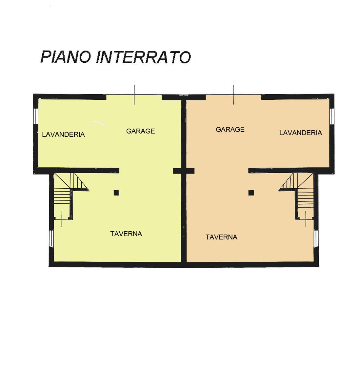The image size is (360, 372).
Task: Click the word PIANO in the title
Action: (x=66, y=57)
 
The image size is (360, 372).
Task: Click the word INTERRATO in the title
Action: (x=144, y=57)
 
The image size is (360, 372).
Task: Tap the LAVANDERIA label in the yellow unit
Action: (x=63, y=134)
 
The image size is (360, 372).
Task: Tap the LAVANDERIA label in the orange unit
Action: (x=300, y=133)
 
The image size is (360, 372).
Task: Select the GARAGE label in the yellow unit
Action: (x=140, y=131)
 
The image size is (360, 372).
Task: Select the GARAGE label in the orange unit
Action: (x=230, y=129)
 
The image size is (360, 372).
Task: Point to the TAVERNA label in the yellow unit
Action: (x=126, y=234)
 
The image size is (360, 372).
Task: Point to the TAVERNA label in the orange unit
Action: (x=221, y=237)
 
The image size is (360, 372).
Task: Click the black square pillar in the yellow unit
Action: (x=116, y=193)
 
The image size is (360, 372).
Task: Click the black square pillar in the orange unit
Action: (x=251, y=193)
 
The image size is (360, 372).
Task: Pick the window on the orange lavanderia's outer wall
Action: (x=331, y=116)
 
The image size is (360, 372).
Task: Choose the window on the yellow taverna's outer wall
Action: (x=51, y=238)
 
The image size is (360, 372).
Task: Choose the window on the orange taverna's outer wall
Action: (x=316, y=238)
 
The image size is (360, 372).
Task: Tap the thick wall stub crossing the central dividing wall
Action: (x=184, y=171)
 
